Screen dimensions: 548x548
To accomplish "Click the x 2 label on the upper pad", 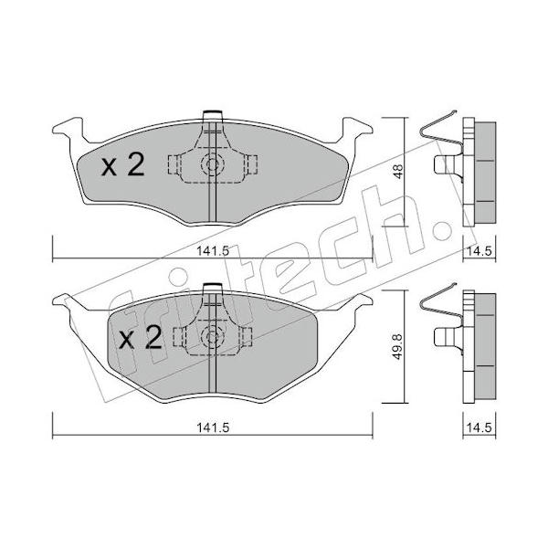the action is pyautogui.click(x=123, y=165).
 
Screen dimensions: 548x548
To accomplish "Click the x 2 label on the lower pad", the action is pyautogui.click(x=141, y=337).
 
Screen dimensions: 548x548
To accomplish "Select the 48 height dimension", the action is pyautogui.click(x=398, y=172).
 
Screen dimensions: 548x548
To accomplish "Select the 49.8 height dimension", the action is pyautogui.click(x=398, y=346).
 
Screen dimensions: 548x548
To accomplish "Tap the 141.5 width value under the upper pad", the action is pyautogui.click(x=213, y=251).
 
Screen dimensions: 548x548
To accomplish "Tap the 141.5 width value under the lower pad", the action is pyautogui.click(x=213, y=427).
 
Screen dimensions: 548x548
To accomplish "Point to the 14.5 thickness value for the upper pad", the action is pyautogui.click(x=479, y=251).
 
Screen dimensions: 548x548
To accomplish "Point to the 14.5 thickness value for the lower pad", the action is pyautogui.click(x=479, y=427).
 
